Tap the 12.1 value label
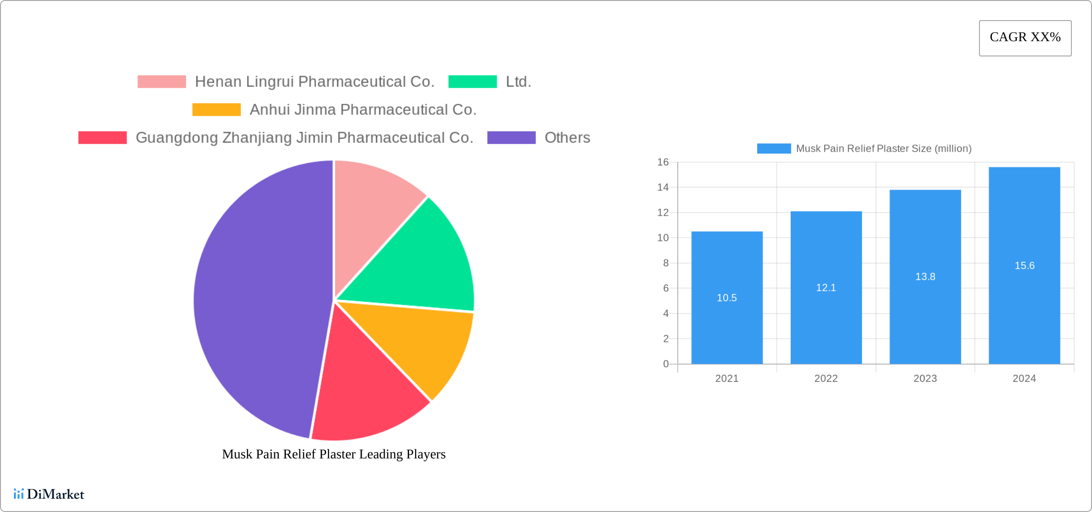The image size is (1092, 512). point(826,288)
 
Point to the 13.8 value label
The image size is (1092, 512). point(925,277)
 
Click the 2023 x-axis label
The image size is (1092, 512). point(925,378)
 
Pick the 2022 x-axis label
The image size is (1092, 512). point(826,378)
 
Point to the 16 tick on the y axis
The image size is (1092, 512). point(663,162)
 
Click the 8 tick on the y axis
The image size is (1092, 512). point(666,263)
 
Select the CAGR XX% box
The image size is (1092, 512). point(1025,38)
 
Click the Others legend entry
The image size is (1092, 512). point(567,138)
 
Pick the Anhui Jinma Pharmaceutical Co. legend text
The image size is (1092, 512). point(363,110)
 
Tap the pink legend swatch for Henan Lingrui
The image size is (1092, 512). point(161,82)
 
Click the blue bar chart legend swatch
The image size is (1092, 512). point(773,149)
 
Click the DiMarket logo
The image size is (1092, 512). point(49,494)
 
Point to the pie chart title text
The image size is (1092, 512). point(334,454)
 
